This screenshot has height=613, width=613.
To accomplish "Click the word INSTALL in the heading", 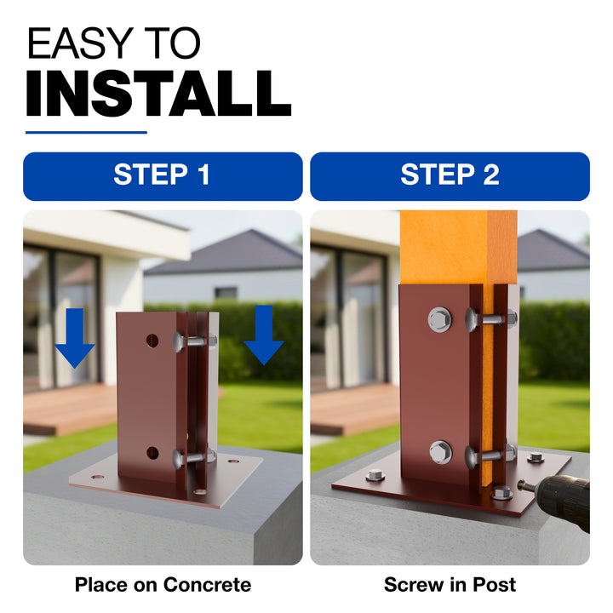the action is click(x=158, y=94).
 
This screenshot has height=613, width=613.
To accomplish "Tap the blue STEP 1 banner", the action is click(x=163, y=176).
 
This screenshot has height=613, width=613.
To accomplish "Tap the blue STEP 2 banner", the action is click(x=450, y=176).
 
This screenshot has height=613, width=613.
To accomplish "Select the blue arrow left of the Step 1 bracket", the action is click(x=75, y=338).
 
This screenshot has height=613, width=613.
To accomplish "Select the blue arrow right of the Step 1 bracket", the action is click(x=263, y=335).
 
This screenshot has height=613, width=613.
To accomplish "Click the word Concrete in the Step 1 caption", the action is click(x=207, y=585).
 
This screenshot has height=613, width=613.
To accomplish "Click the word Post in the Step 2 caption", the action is click(x=494, y=585).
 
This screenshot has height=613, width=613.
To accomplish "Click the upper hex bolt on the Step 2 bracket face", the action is click(x=440, y=319).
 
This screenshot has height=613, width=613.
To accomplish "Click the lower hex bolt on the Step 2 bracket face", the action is click(x=441, y=452).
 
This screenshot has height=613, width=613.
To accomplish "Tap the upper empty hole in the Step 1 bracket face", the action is click(x=152, y=341).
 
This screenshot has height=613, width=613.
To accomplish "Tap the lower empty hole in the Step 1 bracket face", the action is click(x=152, y=453).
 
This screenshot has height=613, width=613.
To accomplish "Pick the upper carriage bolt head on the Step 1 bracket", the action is click(x=179, y=342).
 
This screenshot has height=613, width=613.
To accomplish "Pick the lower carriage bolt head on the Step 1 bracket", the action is click(x=179, y=458).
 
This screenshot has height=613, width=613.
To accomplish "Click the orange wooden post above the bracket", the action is click(x=459, y=248).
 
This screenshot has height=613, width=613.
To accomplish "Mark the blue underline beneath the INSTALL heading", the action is click(x=86, y=133).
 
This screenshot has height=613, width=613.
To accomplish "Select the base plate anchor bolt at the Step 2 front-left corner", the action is click(x=375, y=475).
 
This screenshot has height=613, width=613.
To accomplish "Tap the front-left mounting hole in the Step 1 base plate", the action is click(x=97, y=478).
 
